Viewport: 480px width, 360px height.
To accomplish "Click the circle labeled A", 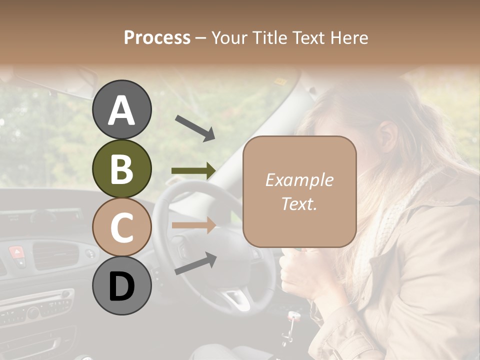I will (121, 110).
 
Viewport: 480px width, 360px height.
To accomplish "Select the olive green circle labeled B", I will (121, 168).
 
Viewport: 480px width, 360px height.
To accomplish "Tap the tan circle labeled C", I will (121, 227).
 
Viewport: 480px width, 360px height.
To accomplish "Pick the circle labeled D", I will (121, 285).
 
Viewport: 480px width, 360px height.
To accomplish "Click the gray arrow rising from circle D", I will (195, 263).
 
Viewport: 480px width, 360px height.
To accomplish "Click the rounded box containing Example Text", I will (299, 191).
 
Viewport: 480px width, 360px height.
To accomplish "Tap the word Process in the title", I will (157, 37).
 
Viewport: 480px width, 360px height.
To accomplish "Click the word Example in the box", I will (299, 180).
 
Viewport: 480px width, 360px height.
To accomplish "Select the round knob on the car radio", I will (33, 313).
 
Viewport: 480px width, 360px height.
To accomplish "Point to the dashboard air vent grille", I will (55, 254).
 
